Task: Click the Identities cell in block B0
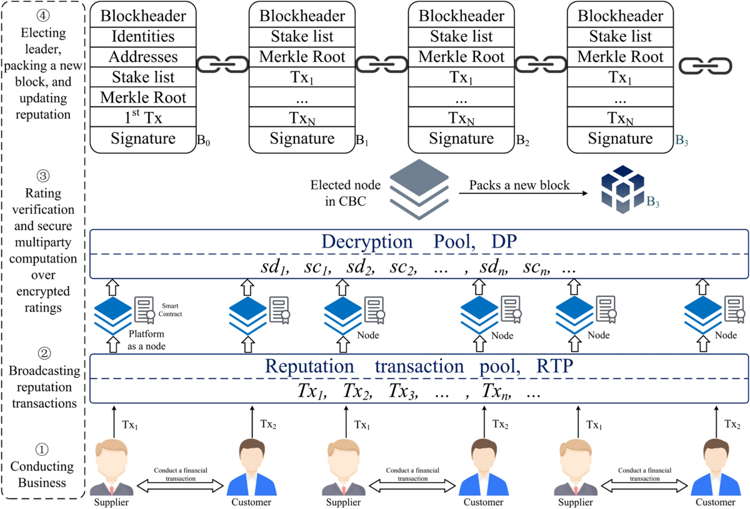tap(143, 36)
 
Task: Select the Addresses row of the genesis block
tap(143, 57)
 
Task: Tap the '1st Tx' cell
tap(143, 118)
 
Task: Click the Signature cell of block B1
tap(302, 139)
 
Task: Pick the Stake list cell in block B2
tap(461, 36)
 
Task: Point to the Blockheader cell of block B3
tap(620, 15)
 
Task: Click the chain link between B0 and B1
tap(222, 64)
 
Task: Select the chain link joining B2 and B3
tap(541, 64)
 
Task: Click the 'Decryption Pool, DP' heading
tap(419, 242)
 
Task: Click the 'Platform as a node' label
tap(151, 339)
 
